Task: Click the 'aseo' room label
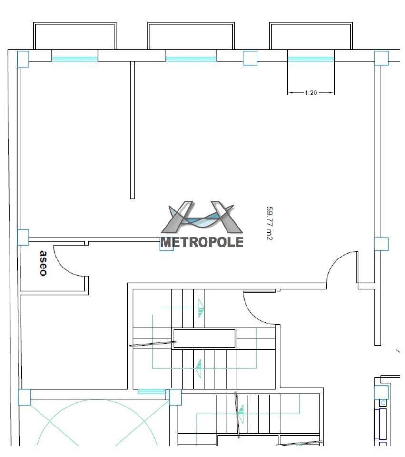43,263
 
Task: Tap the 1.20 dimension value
311,93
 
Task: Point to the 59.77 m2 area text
269,224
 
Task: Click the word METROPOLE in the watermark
202,242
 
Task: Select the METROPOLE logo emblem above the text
202,217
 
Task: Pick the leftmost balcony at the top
75,36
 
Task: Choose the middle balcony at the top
191,36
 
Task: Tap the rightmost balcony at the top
311,36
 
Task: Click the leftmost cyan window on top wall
75,59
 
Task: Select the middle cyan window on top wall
191,59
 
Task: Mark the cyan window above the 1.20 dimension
311,59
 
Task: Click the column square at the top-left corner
23,59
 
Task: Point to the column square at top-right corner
381,58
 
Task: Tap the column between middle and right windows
250,58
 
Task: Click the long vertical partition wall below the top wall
132,130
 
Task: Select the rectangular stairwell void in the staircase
204,338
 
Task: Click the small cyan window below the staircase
152,391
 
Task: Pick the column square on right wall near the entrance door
381,244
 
